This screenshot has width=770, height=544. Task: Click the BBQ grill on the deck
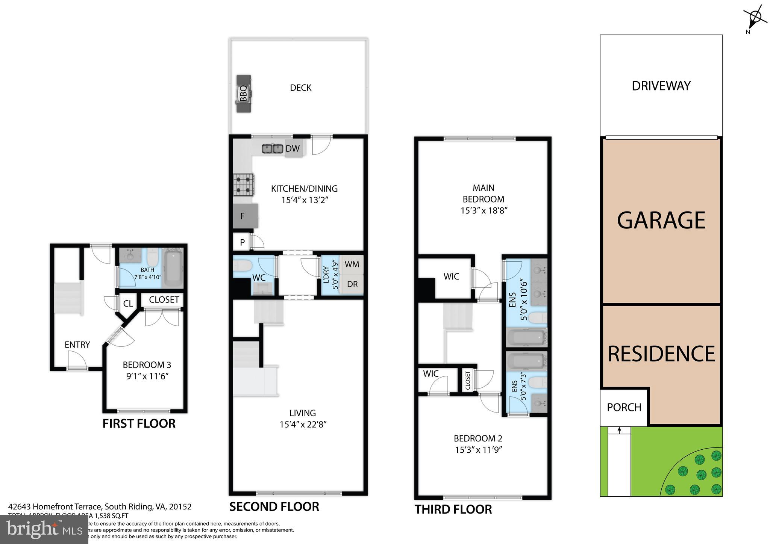pos(243,93)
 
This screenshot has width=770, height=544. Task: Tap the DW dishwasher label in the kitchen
pos(293,148)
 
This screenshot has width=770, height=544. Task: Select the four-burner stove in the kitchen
pos(243,184)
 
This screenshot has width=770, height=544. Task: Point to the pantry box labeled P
pos(242,242)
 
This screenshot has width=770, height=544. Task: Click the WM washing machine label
pos(352,264)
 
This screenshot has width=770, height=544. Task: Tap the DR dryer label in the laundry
pos(352,284)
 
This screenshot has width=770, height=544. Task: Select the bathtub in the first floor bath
pos(173,267)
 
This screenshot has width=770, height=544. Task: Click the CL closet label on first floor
pos(128,304)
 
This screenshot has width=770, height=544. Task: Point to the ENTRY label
pos(77,345)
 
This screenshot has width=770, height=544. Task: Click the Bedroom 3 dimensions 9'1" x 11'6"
pos(147,376)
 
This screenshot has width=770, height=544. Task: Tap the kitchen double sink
pos(273,149)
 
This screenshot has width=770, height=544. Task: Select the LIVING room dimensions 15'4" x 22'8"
pos(303,425)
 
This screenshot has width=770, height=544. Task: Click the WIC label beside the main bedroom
pos(451,277)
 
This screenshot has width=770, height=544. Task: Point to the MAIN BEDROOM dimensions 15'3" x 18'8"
pos(484,210)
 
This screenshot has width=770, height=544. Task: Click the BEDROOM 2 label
pos(478,438)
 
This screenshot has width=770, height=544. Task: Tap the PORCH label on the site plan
pos(624,407)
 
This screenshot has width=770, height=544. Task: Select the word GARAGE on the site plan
pos(661,220)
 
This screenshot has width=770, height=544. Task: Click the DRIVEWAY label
pos(661,86)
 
